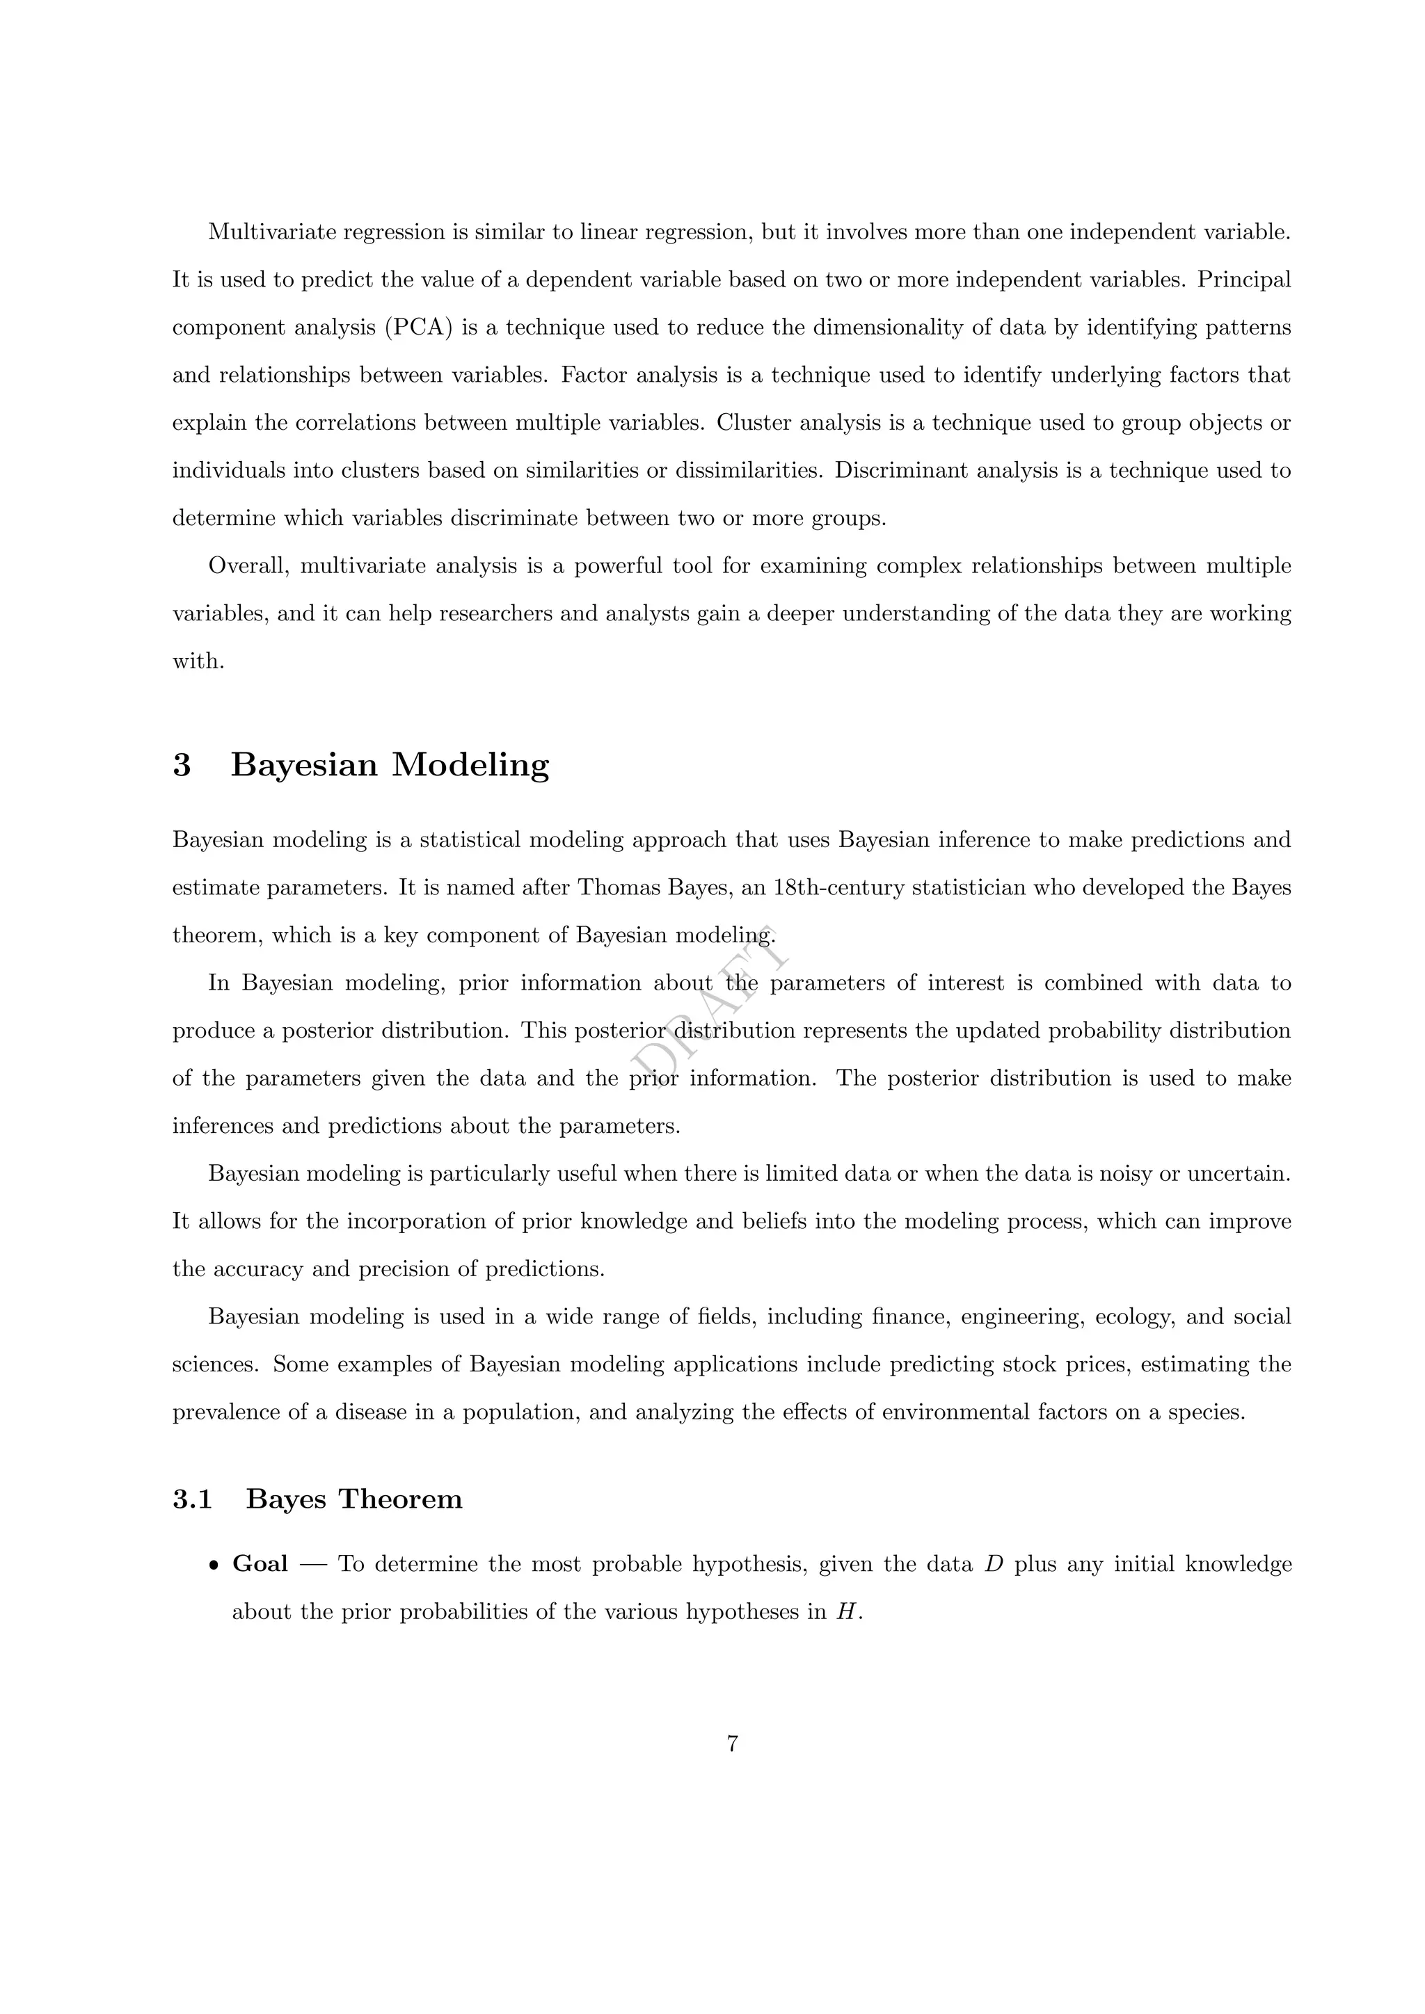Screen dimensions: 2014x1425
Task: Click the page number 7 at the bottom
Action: coord(733,1744)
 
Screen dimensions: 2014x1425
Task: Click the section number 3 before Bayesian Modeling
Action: coord(182,765)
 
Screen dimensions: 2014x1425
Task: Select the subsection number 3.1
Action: coord(192,1499)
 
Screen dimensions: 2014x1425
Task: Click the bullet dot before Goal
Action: coord(213,1565)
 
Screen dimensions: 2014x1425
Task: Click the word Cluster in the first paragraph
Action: coord(753,423)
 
